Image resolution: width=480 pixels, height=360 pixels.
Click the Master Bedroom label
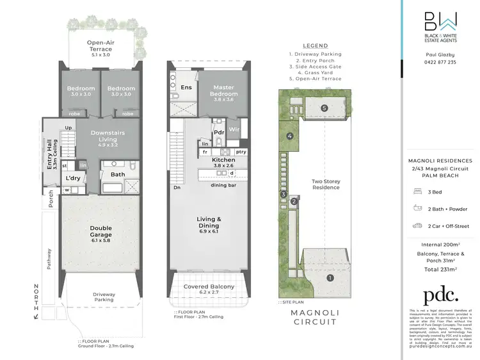tap(223, 91)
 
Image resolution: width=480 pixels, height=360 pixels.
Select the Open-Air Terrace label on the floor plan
tap(99, 46)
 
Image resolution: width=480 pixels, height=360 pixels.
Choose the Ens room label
tap(186, 88)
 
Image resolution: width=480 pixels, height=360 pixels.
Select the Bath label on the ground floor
tap(118, 174)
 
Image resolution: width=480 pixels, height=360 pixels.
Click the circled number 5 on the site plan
tap(324, 108)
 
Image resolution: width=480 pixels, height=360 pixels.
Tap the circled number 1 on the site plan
tap(330, 277)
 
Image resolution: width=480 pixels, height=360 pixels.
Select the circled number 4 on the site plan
tap(290, 136)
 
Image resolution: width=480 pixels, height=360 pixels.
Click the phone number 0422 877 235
tap(440, 62)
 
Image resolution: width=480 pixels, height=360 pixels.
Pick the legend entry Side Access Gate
tap(316, 66)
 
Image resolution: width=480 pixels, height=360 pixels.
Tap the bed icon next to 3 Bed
tap(417, 192)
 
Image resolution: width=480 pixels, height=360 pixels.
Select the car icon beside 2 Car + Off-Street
tap(417, 225)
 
